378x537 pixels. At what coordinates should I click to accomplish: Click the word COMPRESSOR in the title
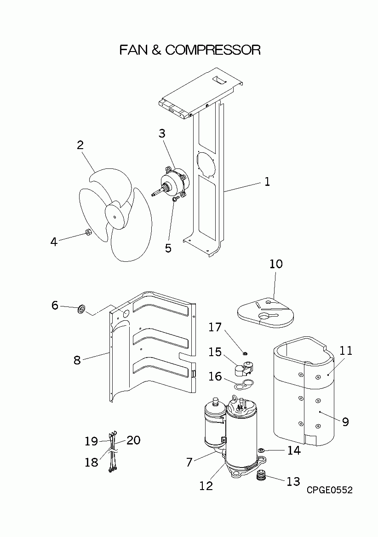click(x=212, y=50)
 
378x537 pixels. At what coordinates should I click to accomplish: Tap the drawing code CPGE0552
click(x=330, y=490)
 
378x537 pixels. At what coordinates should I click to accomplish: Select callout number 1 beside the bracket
click(x=267, y=182)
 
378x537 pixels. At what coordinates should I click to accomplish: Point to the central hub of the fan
click(x=114, y=214)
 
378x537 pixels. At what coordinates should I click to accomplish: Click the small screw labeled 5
click(x=175, y=199)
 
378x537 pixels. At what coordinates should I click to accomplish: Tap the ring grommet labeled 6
click(x=81, y=310)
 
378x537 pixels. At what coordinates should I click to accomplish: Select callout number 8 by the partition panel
click(x=77, y=360)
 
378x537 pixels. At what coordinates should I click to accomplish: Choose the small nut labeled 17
click(x=246, y=353)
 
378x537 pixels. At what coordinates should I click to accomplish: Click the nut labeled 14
click(x=261, y=450)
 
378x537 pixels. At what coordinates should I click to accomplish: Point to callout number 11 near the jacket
click(x=346, y=351)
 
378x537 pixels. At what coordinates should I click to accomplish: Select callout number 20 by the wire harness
click(x=133, y=440)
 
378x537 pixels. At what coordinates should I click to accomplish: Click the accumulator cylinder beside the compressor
click(x=213, y=423)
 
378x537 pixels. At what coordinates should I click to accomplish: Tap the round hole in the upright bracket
click(x=206, y=164)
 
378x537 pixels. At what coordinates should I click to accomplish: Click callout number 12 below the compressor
click(x=206, y=485)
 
